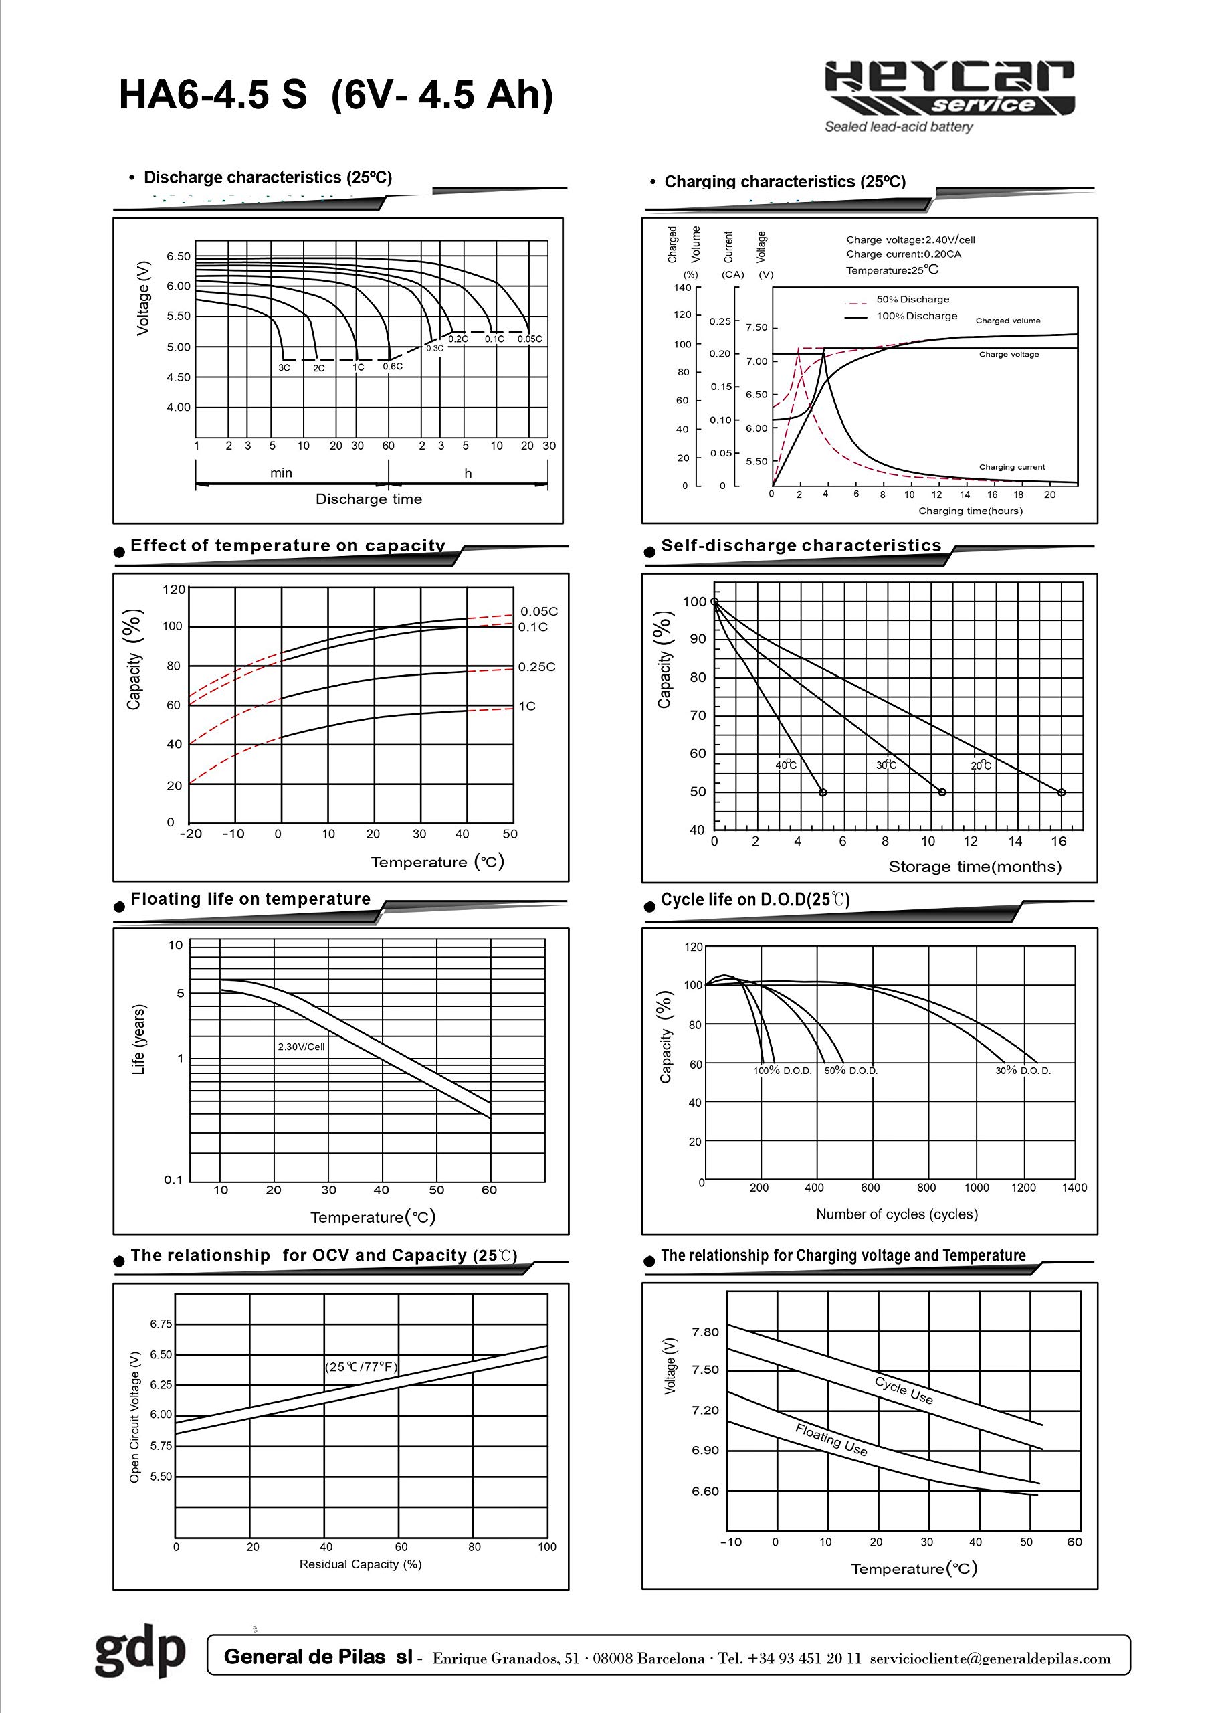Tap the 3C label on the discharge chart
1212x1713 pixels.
[284, 368]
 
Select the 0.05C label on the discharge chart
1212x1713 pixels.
[530, 339]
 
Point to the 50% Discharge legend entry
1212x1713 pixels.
[912, 299]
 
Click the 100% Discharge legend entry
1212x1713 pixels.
[916, 316]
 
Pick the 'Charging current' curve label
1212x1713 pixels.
[1011, 467]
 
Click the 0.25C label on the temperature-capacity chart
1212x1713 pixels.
[536, 667]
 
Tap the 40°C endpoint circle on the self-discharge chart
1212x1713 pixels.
[823, 792]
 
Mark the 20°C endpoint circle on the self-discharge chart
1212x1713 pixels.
[1062, 792]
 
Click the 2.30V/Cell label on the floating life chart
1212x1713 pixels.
[301, 1047]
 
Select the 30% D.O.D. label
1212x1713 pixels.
[1023, 1071]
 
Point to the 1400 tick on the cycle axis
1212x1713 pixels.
[1074, 1188]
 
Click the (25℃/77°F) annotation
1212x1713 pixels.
[361, 1366]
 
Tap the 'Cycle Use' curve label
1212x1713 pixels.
[903, 1390]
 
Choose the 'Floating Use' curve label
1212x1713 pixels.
[831, 1440]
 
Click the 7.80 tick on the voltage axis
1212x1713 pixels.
[705, 1332]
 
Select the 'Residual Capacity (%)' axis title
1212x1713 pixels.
[361, 1564]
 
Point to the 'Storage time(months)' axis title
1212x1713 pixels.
[974, 867]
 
